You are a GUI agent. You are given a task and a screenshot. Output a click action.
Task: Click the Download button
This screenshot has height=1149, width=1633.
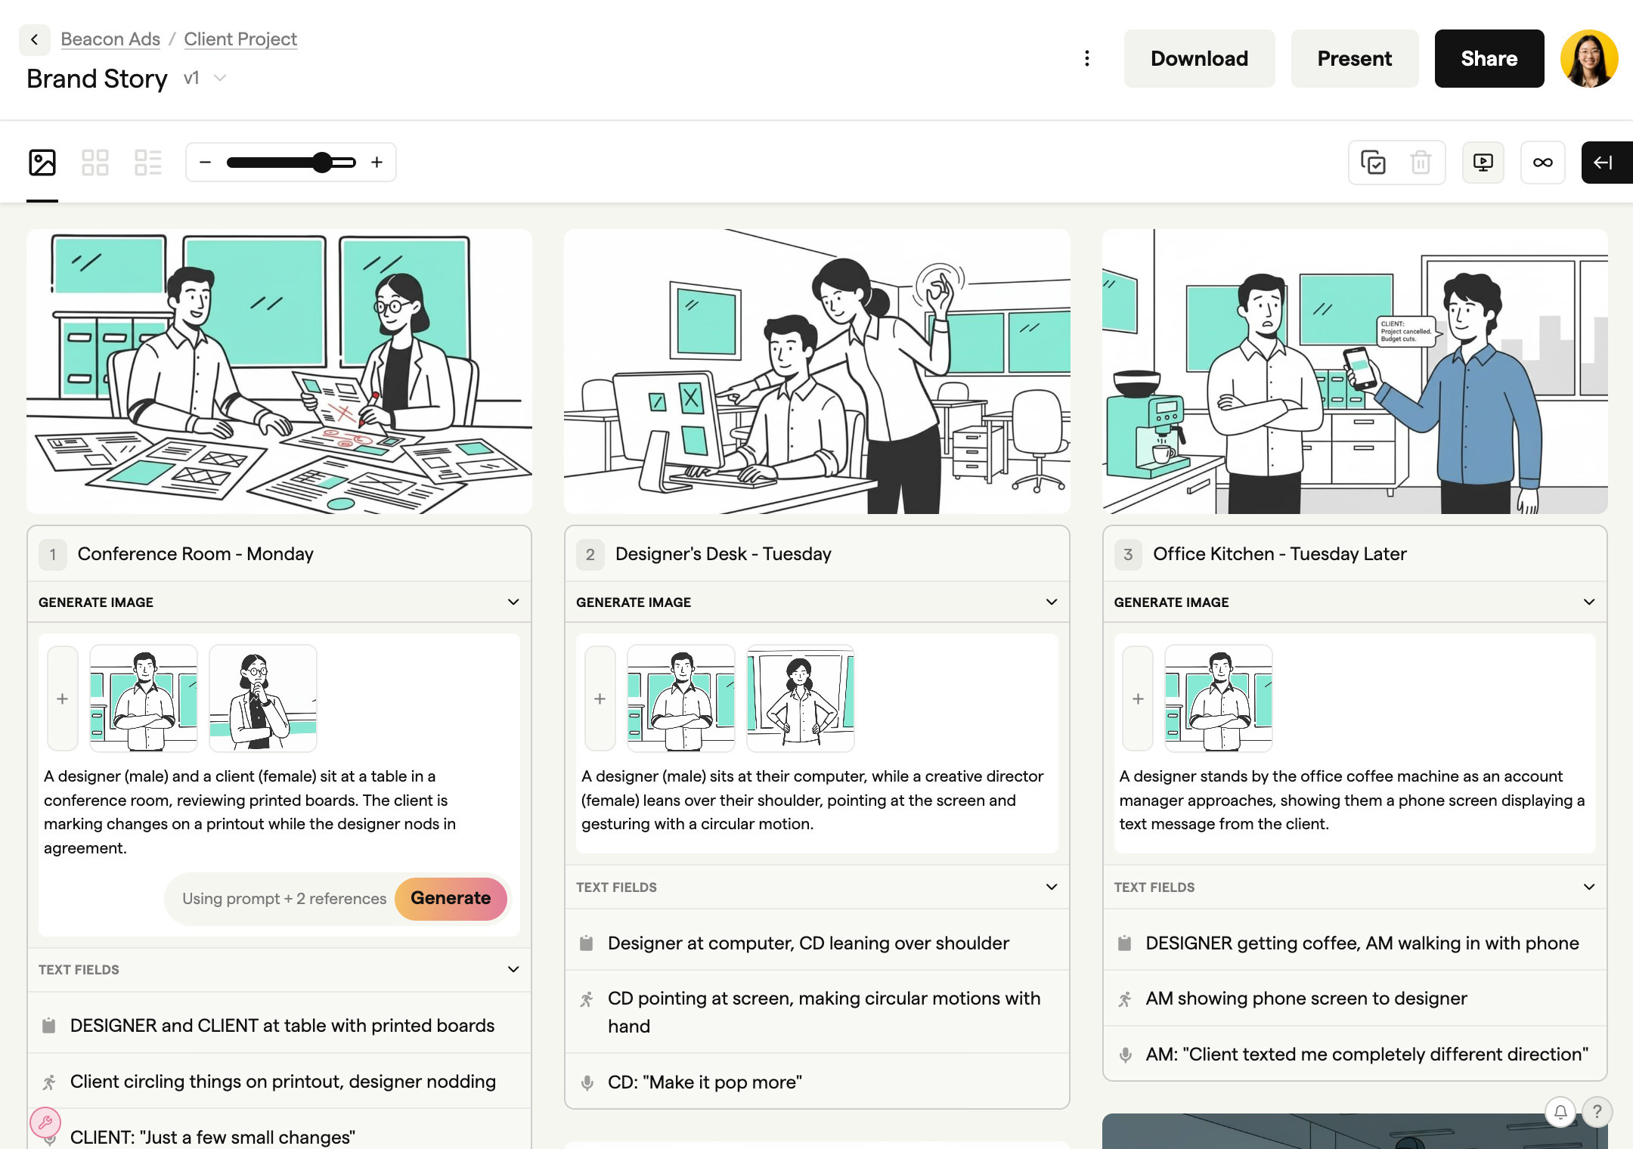(1199, 59)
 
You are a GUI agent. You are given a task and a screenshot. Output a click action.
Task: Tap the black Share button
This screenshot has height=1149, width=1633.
(1489, 59)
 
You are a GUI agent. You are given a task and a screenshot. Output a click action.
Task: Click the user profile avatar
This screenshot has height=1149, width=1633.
(1588, 59)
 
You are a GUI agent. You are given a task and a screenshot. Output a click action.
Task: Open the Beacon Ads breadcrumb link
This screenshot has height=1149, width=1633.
(110, 39)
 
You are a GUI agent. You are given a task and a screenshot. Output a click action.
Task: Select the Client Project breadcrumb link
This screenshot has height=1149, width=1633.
(240, 39)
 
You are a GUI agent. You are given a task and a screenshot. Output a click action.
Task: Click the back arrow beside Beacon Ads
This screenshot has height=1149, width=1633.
(35, 39)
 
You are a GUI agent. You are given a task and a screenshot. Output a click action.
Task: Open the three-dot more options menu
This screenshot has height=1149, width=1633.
(1086, 59)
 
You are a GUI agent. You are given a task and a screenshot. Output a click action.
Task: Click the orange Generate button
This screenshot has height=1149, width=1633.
(451, 898)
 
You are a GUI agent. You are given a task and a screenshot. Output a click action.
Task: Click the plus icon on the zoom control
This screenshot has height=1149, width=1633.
(376, 163)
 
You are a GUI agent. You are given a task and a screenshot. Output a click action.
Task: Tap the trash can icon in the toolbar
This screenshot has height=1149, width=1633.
(1421, 163)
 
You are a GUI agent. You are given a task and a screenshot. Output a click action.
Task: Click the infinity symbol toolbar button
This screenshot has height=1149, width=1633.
(1542, 163)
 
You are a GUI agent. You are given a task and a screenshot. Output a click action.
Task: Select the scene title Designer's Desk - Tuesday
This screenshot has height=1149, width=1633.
(723, 554)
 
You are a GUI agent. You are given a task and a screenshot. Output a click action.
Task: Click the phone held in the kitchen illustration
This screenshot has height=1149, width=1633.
(1358, 367)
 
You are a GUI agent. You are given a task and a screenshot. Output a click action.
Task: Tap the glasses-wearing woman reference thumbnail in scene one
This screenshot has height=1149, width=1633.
(262, 698)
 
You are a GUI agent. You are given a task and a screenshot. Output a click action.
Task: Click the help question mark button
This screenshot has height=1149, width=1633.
(1597, 1111)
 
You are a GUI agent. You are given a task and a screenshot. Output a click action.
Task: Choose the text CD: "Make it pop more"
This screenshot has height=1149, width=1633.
(705, 1082)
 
